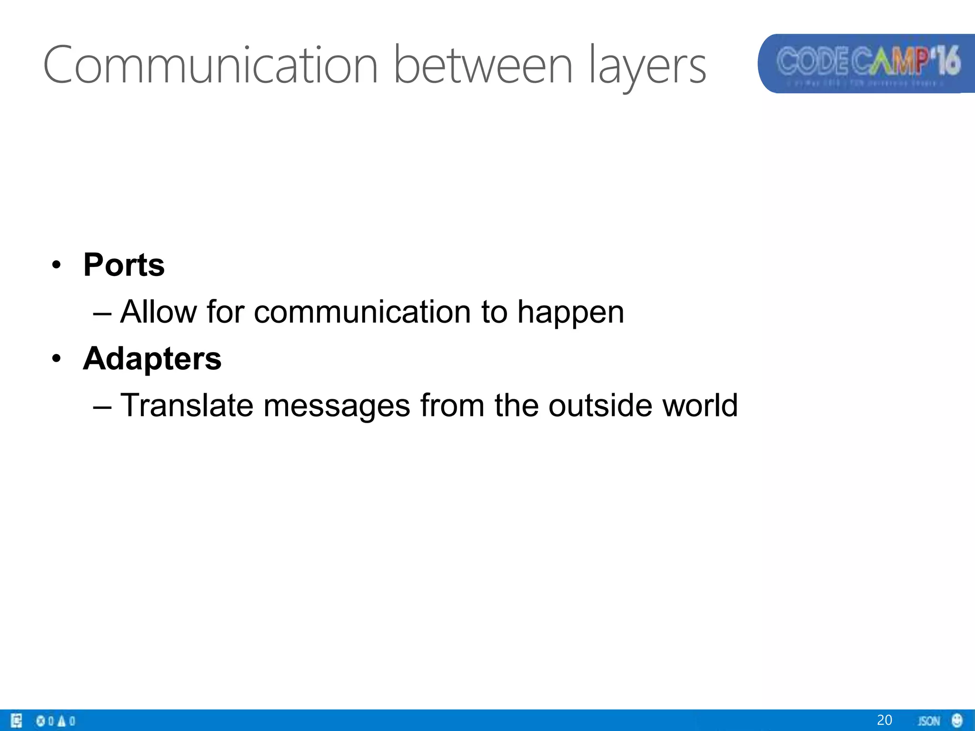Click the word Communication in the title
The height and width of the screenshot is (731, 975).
point(210,65)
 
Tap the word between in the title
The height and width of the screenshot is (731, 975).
point(483,65)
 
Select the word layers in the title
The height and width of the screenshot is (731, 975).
point(647,67)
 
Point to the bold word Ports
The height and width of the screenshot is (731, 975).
point(124,265)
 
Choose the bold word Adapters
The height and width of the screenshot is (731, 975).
point(152,358)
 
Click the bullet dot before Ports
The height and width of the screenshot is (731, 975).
point(57,265)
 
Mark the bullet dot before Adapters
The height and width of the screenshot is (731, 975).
point(57,358)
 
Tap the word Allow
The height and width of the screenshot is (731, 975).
point(158,312)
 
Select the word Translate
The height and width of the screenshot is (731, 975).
point(187,405)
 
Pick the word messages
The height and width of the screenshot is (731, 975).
point(336,406)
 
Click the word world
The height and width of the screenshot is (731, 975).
point(700,405)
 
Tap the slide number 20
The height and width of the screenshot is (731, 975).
point(884,720)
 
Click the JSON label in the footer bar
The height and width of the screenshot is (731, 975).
point(929,721)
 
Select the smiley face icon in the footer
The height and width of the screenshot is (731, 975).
point(957,720)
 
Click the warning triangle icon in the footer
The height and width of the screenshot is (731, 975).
point(61,721)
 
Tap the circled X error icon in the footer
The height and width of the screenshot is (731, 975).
point(40,721)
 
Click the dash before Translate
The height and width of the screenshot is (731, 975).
point(102,406)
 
